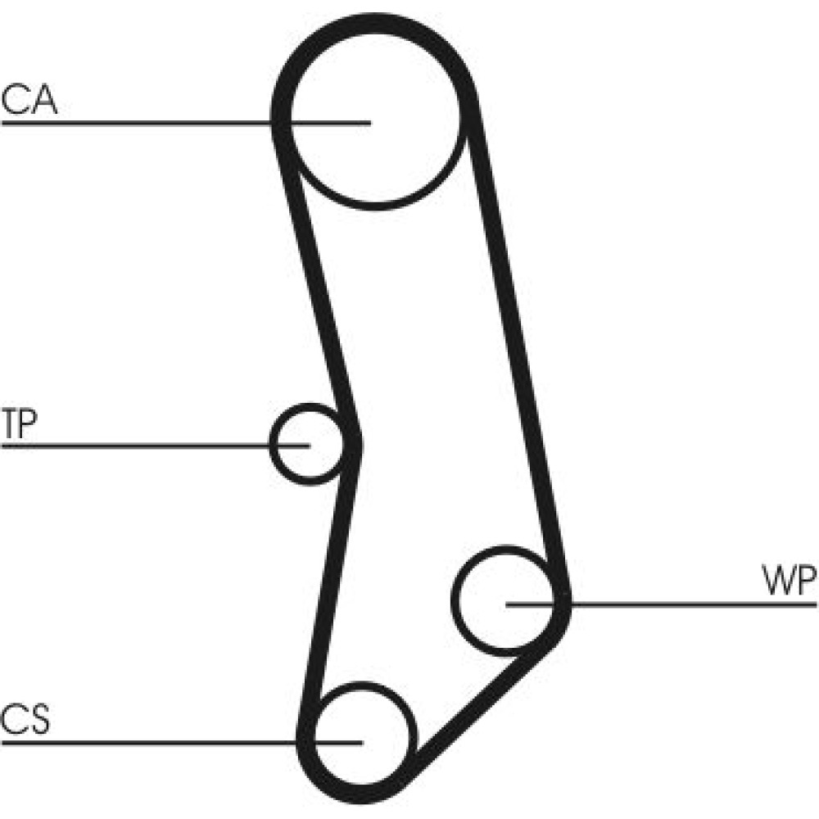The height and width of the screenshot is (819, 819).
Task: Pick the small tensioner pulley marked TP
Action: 305,443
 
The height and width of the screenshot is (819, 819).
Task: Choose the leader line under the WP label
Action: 696,604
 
